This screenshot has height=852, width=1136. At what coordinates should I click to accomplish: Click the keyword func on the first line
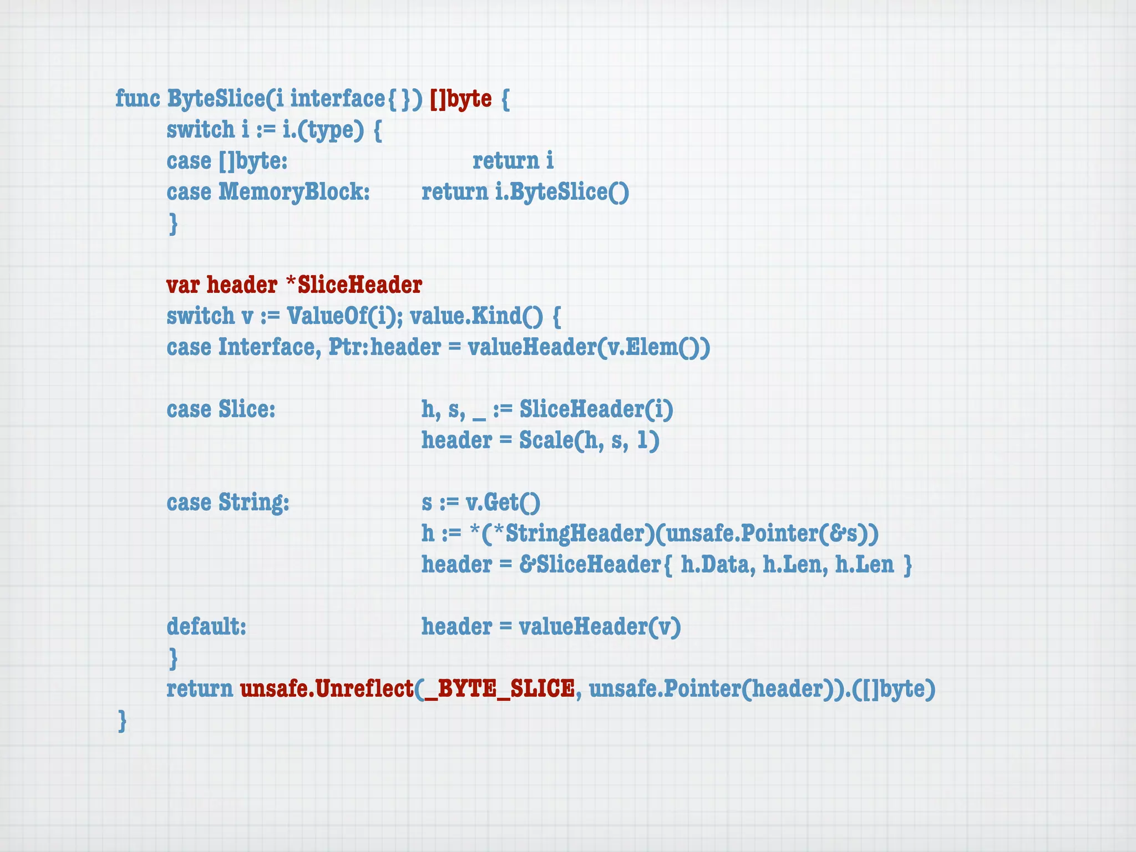click(137, 99)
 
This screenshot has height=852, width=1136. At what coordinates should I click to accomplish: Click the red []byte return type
click(460, 99)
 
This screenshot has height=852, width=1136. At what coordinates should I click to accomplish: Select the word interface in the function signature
click(337, 99)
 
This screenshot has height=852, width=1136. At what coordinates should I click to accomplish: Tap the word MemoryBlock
click(293, 192)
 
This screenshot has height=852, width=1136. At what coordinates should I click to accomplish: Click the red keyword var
click(184, 285)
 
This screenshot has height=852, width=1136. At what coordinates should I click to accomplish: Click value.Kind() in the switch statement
click(476, 316)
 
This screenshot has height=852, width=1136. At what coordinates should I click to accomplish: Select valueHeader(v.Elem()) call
click(589, 347)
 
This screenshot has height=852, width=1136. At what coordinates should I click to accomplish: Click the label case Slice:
click(221, 409)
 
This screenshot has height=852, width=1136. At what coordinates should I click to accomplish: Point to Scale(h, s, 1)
click(589, 440)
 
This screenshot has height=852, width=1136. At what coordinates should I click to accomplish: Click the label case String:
click(228, 503)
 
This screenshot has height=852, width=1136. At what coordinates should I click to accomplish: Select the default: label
click(206, 627)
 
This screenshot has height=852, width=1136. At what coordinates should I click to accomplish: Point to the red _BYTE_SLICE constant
click(498, 689)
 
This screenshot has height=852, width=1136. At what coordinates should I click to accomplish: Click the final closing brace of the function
click(122, 721)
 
